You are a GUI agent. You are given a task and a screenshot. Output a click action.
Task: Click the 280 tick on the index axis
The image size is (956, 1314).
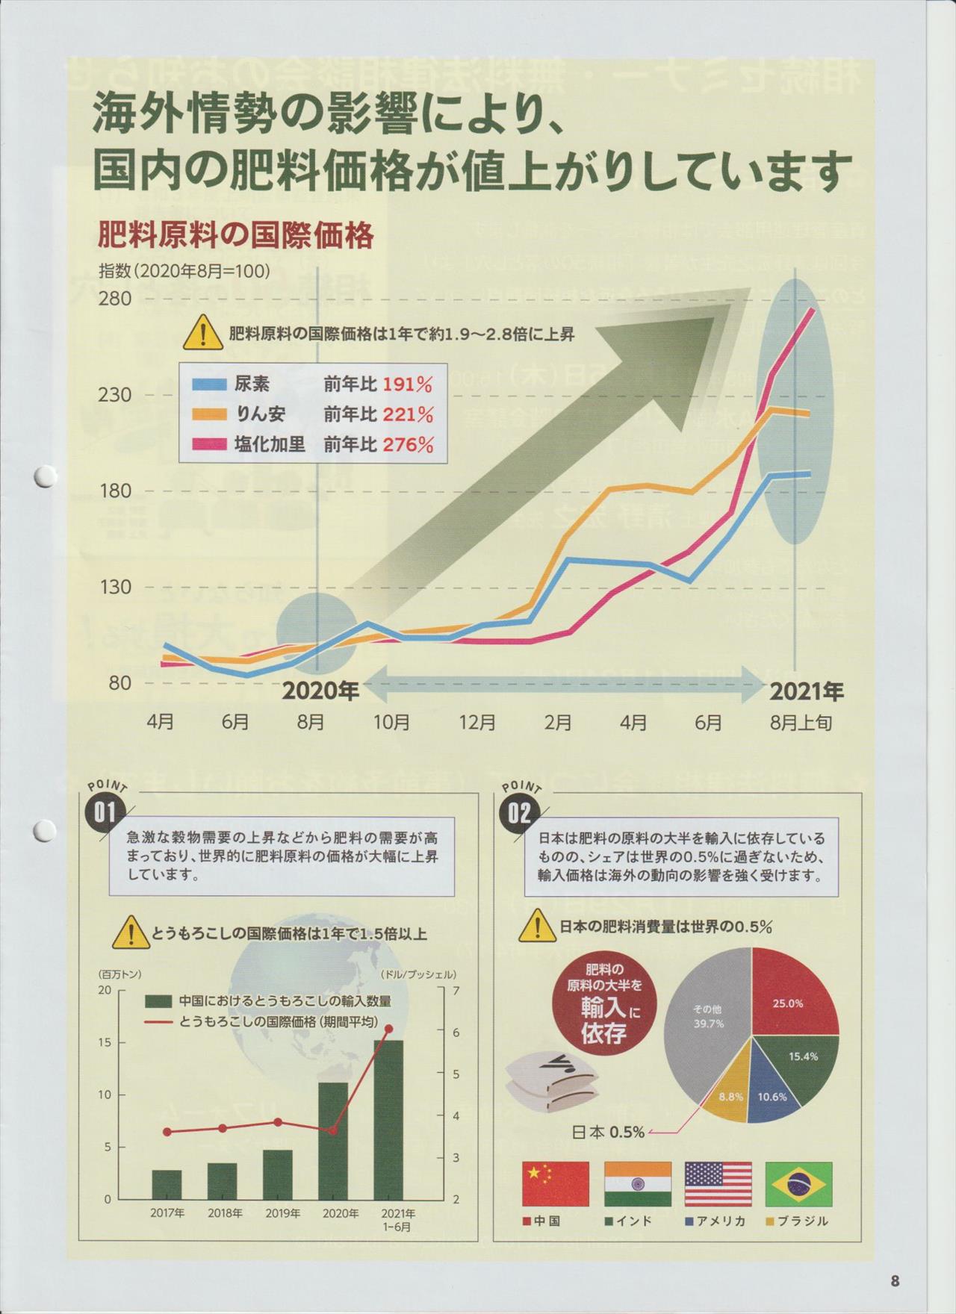tap(115, 299)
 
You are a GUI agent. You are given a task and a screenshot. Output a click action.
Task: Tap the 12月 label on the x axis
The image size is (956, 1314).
tap(477, 723)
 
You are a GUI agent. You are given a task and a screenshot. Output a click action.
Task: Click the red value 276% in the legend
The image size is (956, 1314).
tap(408, 445)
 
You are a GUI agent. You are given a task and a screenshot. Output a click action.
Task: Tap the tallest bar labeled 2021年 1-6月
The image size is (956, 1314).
tap(388, 1119)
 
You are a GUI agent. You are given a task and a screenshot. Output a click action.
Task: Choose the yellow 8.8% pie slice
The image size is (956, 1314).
tap(730, 1097)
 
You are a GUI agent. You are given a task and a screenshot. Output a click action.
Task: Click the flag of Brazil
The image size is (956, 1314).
tap(801, 1184)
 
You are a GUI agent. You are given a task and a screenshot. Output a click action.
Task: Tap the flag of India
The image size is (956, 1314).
tap(638, 1184)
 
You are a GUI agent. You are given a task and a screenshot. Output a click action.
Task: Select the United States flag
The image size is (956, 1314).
tap(718, 1184)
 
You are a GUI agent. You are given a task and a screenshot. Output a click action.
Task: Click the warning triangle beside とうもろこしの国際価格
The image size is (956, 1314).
tap(130, 932)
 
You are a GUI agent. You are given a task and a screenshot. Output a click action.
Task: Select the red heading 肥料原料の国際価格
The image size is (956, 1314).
tap(236, 237)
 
